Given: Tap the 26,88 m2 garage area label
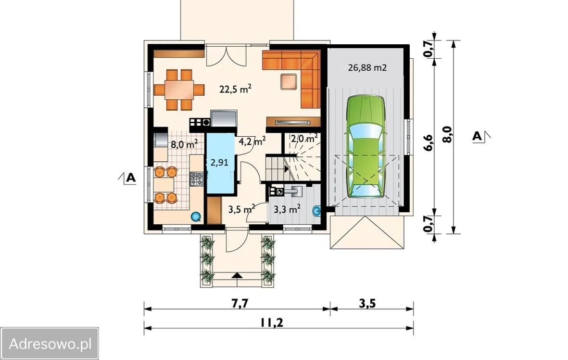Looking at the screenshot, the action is pyautogui.click(x=367, y=67).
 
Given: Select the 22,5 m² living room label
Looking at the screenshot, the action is pyautogui.click(x=236, y=89).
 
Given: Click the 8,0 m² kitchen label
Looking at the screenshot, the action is pyautogui.click(x=184, y=144).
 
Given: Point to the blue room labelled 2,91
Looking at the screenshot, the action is pyautogui.click(x=220, y=164).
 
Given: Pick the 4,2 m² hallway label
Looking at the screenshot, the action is pyautogui.click(x=252, y=141).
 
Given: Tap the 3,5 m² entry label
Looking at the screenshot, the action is pyautogui.click(x=241, y=209).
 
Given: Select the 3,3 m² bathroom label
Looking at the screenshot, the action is pyautogui.click(x=287, y=209).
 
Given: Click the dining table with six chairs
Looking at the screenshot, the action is pyautogui.click(x=179, y=90).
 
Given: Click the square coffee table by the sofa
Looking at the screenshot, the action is pyautogui.click(x=289, y=81).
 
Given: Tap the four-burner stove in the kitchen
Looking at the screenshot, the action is pyautogui.click(x=197, y=179).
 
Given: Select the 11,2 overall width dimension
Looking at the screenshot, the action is pyautogui.click(x=271, y=322).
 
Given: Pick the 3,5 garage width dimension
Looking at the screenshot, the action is pyautogui.click(x=367, y=303).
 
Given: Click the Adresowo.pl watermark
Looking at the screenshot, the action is pyautogui.click(x=50, y=343).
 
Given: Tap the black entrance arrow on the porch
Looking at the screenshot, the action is pyautogui.click(x=237, y=275).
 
